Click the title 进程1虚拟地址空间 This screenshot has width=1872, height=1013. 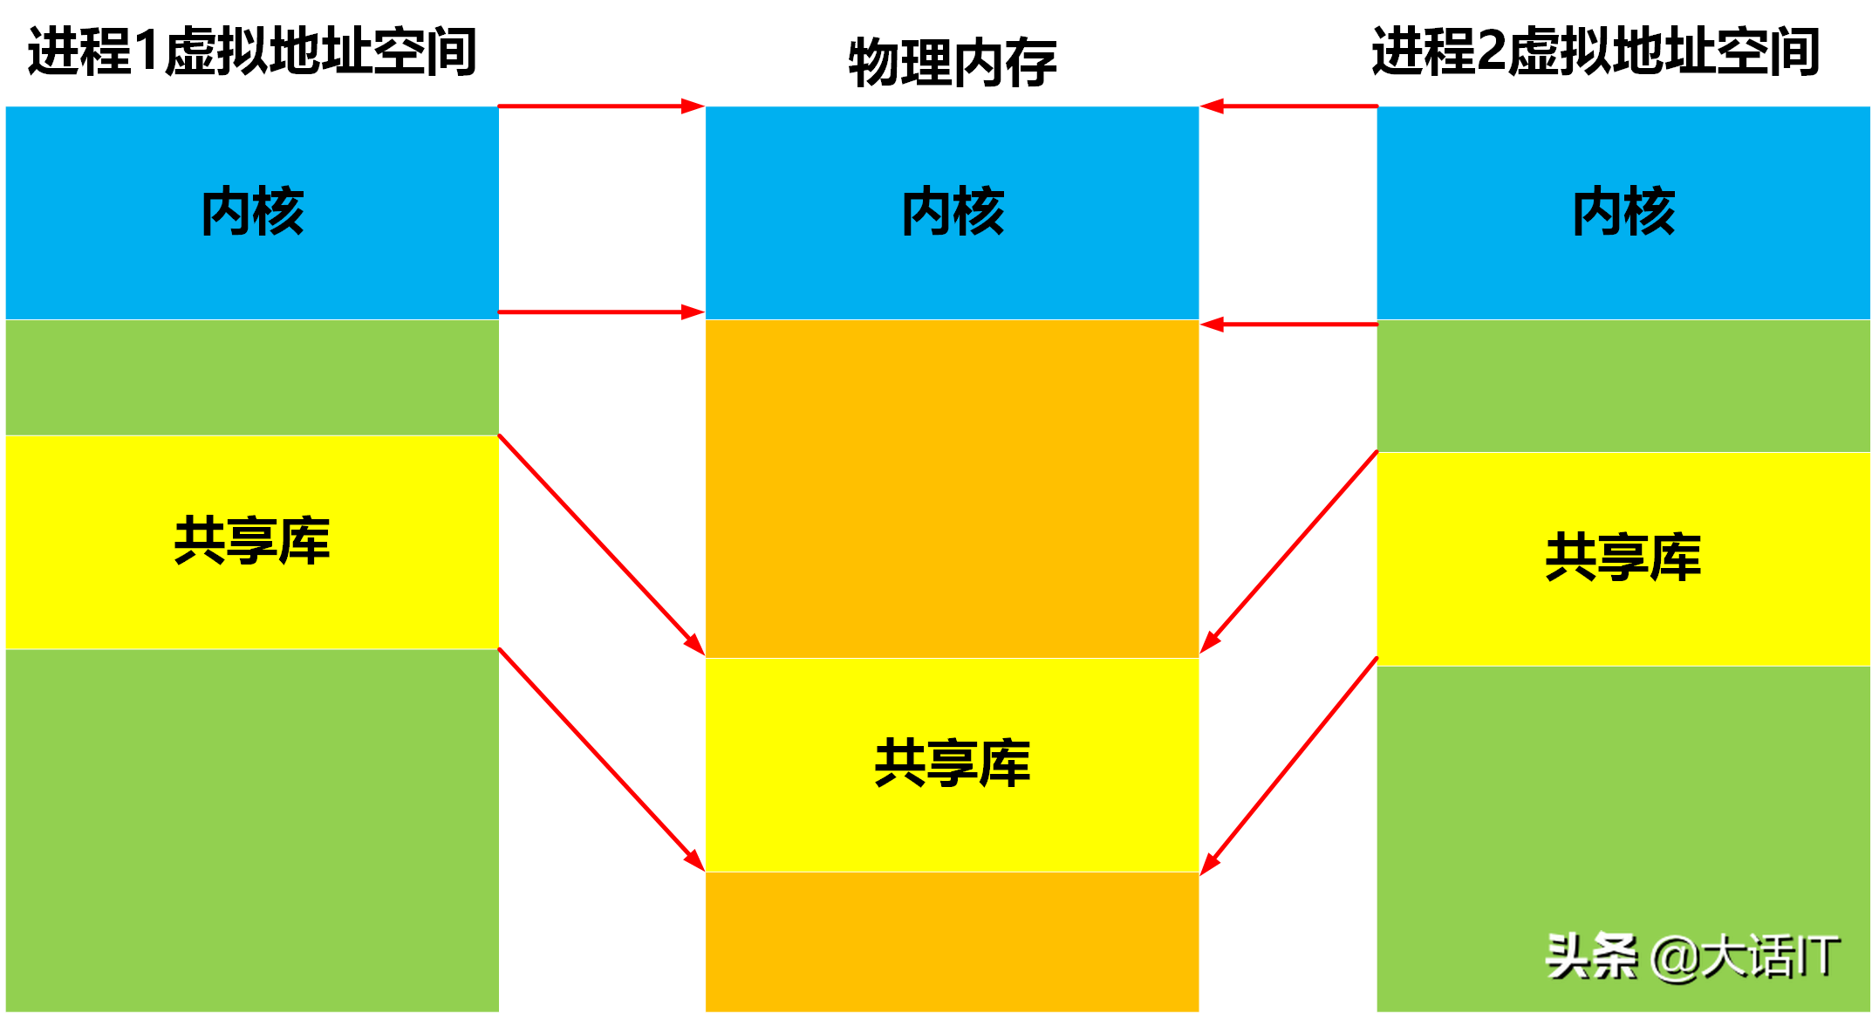(252, 51)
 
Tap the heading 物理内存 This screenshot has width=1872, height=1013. (952, 63)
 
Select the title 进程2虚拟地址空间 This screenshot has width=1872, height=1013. (1595, 51)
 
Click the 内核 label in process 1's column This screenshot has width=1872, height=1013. (252, 212)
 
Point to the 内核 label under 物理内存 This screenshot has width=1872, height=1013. (953, 212)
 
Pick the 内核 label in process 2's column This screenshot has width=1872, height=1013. (1623, 212)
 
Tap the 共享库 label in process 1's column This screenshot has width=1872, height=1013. (252, 541)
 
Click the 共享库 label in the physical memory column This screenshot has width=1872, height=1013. (953, 763)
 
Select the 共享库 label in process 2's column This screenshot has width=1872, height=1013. (1623, 558)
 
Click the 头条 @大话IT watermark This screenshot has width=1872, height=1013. (1692, 956)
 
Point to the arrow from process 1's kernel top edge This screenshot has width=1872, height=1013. (601, 106)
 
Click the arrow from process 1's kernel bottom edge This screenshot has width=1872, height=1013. (601, 311)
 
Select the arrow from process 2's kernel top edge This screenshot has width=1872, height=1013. (1288, 106)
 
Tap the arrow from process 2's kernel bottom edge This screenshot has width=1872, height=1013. (1288, 325)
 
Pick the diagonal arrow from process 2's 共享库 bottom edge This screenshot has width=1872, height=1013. (1289, 765)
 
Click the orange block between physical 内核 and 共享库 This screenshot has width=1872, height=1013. (953, 489)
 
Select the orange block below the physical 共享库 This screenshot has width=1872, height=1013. (953, 942)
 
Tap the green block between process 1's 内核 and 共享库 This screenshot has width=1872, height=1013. (252, 377)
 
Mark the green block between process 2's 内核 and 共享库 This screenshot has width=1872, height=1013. (1623, 386)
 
